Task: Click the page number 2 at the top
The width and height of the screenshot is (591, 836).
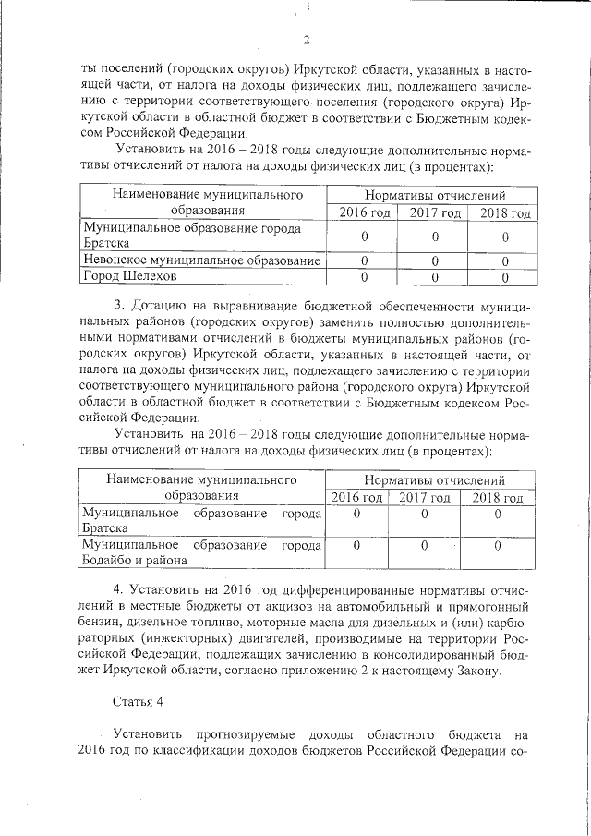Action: tap(306, 38)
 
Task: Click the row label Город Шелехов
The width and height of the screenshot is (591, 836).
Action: tap(128, 275)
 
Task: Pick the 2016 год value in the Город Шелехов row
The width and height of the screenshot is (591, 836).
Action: tap(364, 275)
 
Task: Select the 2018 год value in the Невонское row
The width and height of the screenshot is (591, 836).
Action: tap(504, 260)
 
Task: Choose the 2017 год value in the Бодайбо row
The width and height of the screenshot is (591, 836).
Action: tap(424, 545)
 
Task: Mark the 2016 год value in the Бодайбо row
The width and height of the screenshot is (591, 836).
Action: tap(356, 545)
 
